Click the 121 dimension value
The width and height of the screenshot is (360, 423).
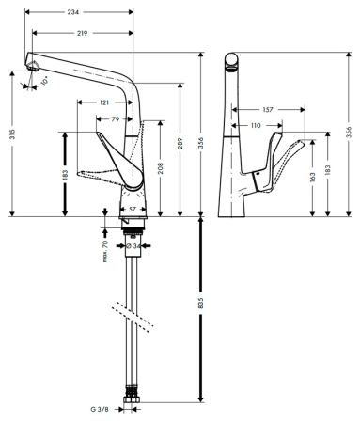point(104,101)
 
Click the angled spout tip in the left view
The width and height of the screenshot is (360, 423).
point(34,65)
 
